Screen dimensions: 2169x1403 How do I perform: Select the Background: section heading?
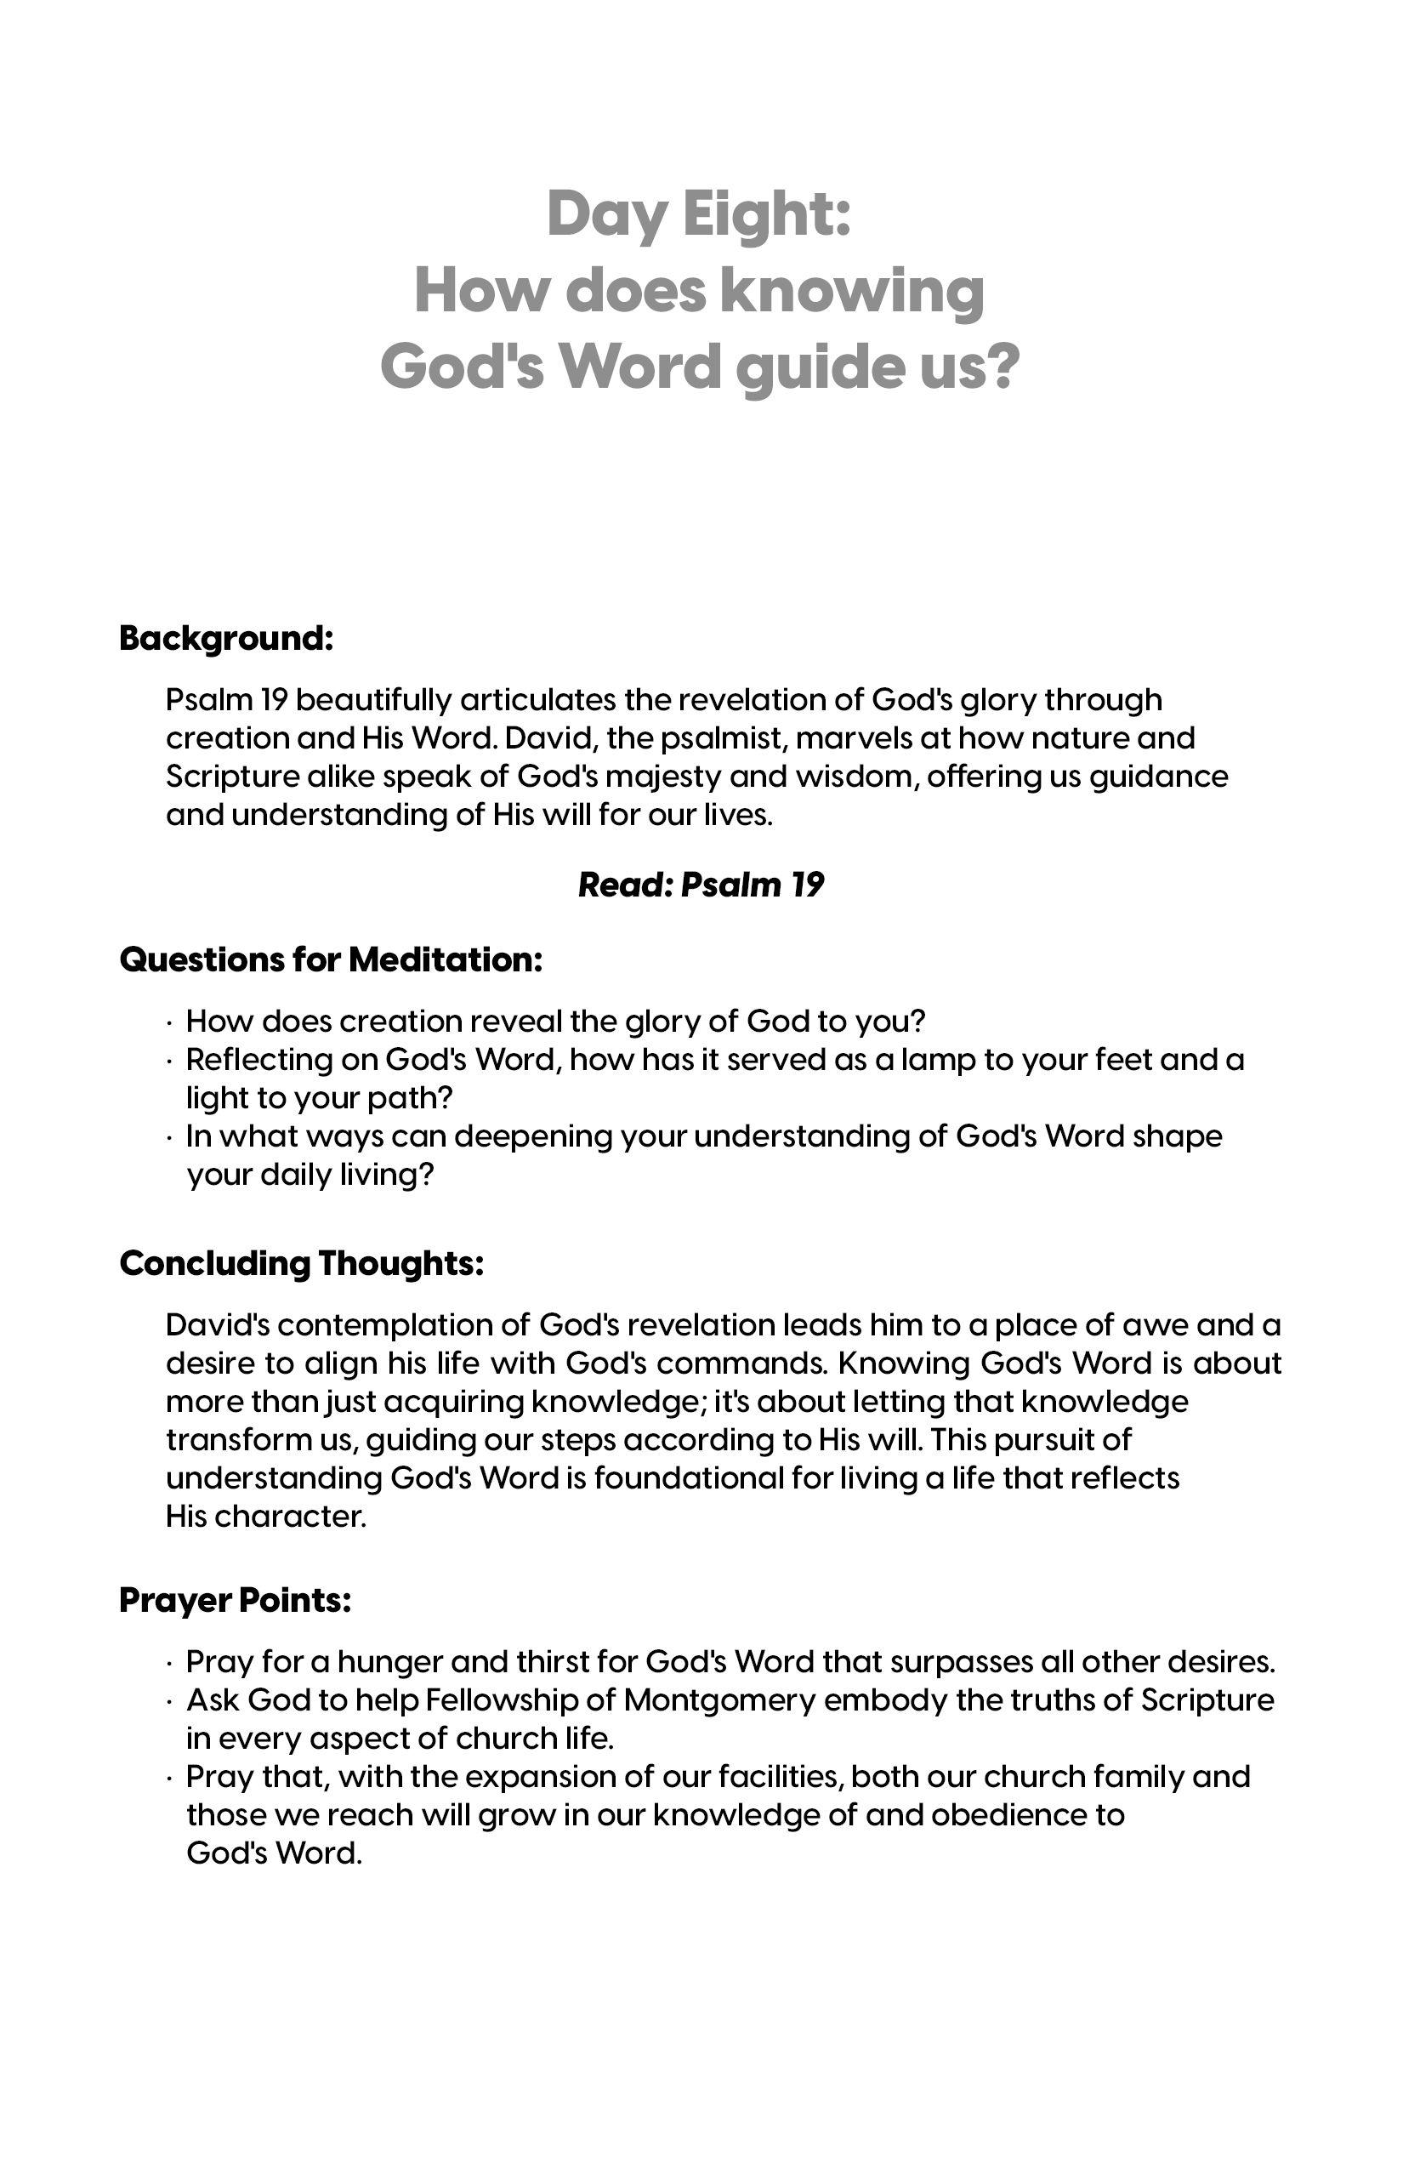pos(226,639)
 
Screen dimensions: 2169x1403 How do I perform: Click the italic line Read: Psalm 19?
pos(701,885)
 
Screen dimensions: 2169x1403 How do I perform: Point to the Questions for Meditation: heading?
pos(331,959)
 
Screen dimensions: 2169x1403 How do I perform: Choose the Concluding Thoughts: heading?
pos(301,1264)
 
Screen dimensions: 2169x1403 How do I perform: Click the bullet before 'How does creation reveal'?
pos(170,1022)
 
